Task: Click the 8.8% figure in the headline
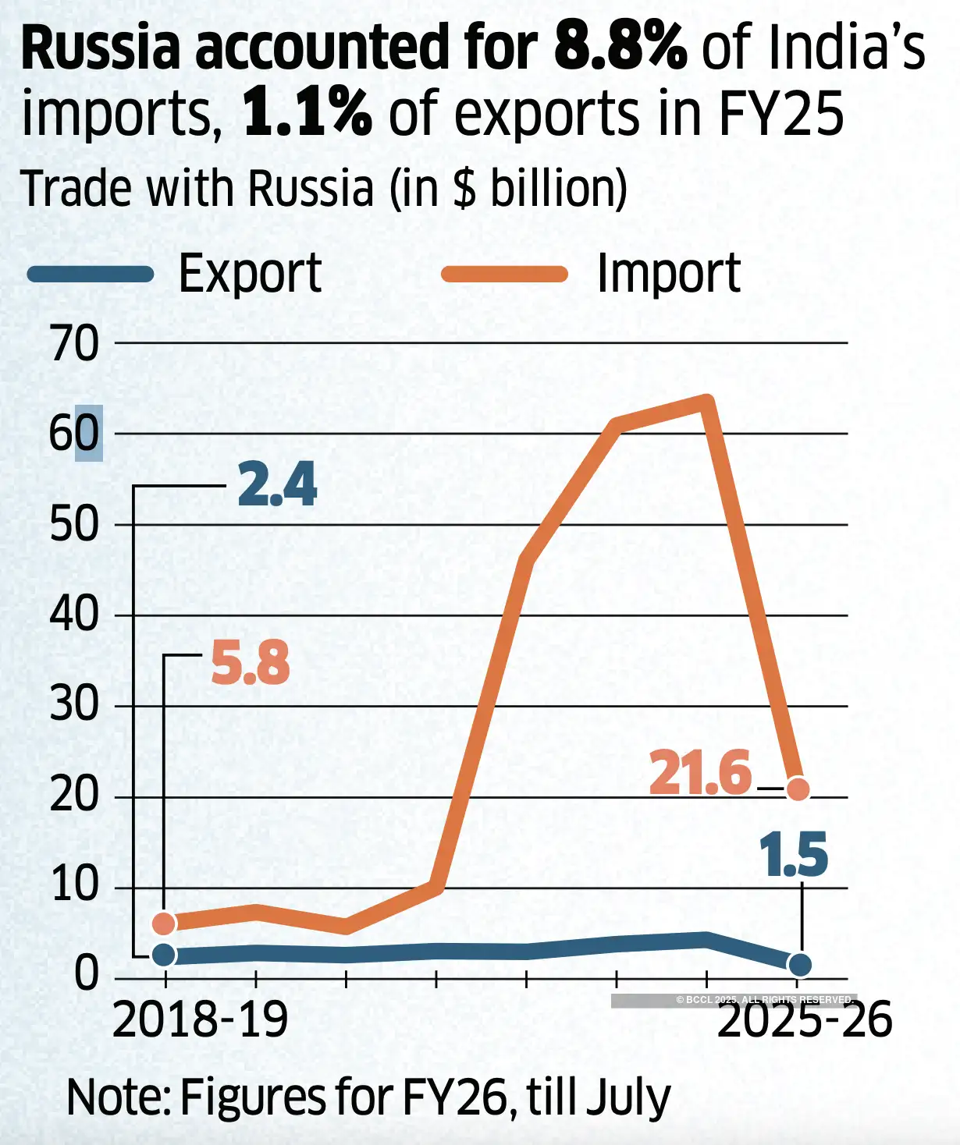pyautogui.click(x=620, y=47)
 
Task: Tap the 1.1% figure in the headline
pyautogui.click(x=307, y=114)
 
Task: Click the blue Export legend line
pyautogui.click(x=91, y=274)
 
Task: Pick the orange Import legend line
pyautogui.click(x=504, y=274)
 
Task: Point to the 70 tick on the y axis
pyautogui.click(x=75, y=343)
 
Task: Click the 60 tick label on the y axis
pyautogui.click(x=75, y=434)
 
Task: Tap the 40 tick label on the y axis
pyautogui.click(x=75, y=615)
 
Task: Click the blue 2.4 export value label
pyautogui.click(x=277, y=485)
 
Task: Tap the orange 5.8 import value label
pyautogui.click(x=251, y=664)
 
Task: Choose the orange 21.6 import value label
pyautogui.click(x=700, y=773)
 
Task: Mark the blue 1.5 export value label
pyautogui.click(x=793, y=855)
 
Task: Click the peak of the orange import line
pyautogui.click(x=706, y=402)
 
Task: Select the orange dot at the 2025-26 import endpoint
pyautogui.click(x=798, y=789)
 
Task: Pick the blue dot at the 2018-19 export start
pyautogui.click(x=164, y=955)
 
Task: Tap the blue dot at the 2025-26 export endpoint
pyautogui.click(x=800, y=965)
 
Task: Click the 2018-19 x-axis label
pyautogui.click(x=200, y=1019)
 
